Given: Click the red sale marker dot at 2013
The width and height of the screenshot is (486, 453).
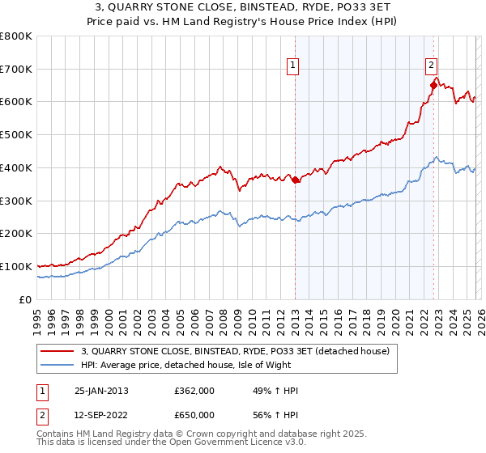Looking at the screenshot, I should (295, 180).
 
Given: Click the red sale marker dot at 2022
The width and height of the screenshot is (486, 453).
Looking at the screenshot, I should (433, 85).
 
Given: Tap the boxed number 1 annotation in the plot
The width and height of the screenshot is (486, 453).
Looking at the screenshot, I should (292, 67).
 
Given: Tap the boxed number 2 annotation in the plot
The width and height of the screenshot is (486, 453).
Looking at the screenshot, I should (431, 67).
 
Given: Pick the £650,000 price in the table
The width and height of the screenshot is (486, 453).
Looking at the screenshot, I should (194, 415).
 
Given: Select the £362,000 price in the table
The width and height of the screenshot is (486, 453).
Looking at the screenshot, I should (194, 391).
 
